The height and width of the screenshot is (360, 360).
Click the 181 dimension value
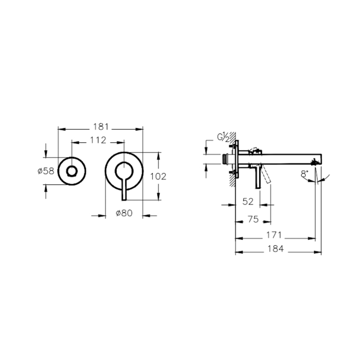[100, 126]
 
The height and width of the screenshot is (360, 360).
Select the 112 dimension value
[97, 141]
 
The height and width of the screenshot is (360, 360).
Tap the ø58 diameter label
[46, 171]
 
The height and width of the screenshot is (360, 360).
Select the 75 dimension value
[253, 219]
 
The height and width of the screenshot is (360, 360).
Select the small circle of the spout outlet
[71, 171]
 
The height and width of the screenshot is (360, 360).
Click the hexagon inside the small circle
[71, 171]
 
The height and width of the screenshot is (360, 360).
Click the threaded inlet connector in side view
[225, 159]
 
